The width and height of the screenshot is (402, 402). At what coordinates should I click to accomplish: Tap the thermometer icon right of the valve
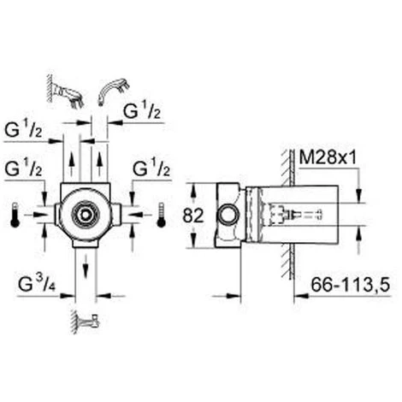click(160, 216)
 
